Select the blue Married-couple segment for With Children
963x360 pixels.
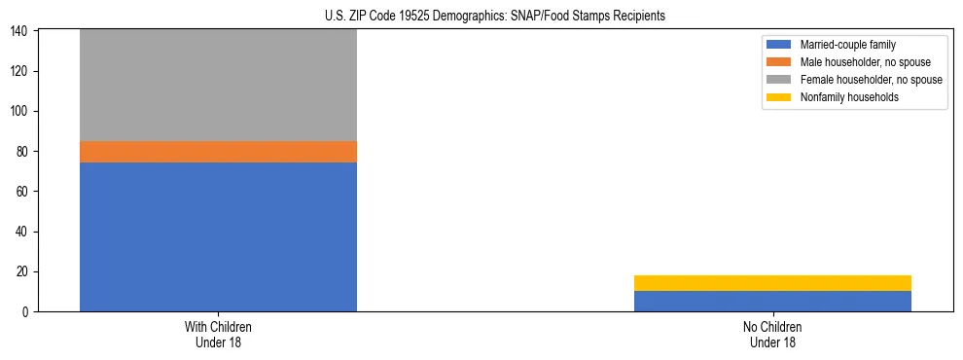pyautogui.click(x=218, y=236)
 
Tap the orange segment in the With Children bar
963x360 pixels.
pyautogui.click(x=218, y=152)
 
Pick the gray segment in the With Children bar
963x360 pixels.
pyautogui.click(x=218, y=86)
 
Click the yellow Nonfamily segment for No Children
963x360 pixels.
pyautogui.click(x=772, y=283)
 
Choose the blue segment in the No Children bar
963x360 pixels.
pyautogui.click(x=772, y=301)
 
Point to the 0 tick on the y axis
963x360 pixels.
pyautogui.click(x=26, y=311)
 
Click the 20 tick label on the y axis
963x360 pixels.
pyautogui.click(x=23, y=271)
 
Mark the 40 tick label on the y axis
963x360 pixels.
pyautogui.click(x=23, y=232)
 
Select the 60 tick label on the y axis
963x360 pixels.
pyautogui.click(x=23, y=192)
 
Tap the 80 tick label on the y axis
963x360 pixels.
pyautogui.click(x=23, y=152)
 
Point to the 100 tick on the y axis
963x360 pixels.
pyautogui.click(x=20, y=112)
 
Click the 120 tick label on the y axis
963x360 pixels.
pyautogui.click(x=20, y=72)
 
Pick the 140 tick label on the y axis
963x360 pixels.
pyautogui.click(x=20, y=32)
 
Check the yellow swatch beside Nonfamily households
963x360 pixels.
pyautogui.click(x=779, y=97)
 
